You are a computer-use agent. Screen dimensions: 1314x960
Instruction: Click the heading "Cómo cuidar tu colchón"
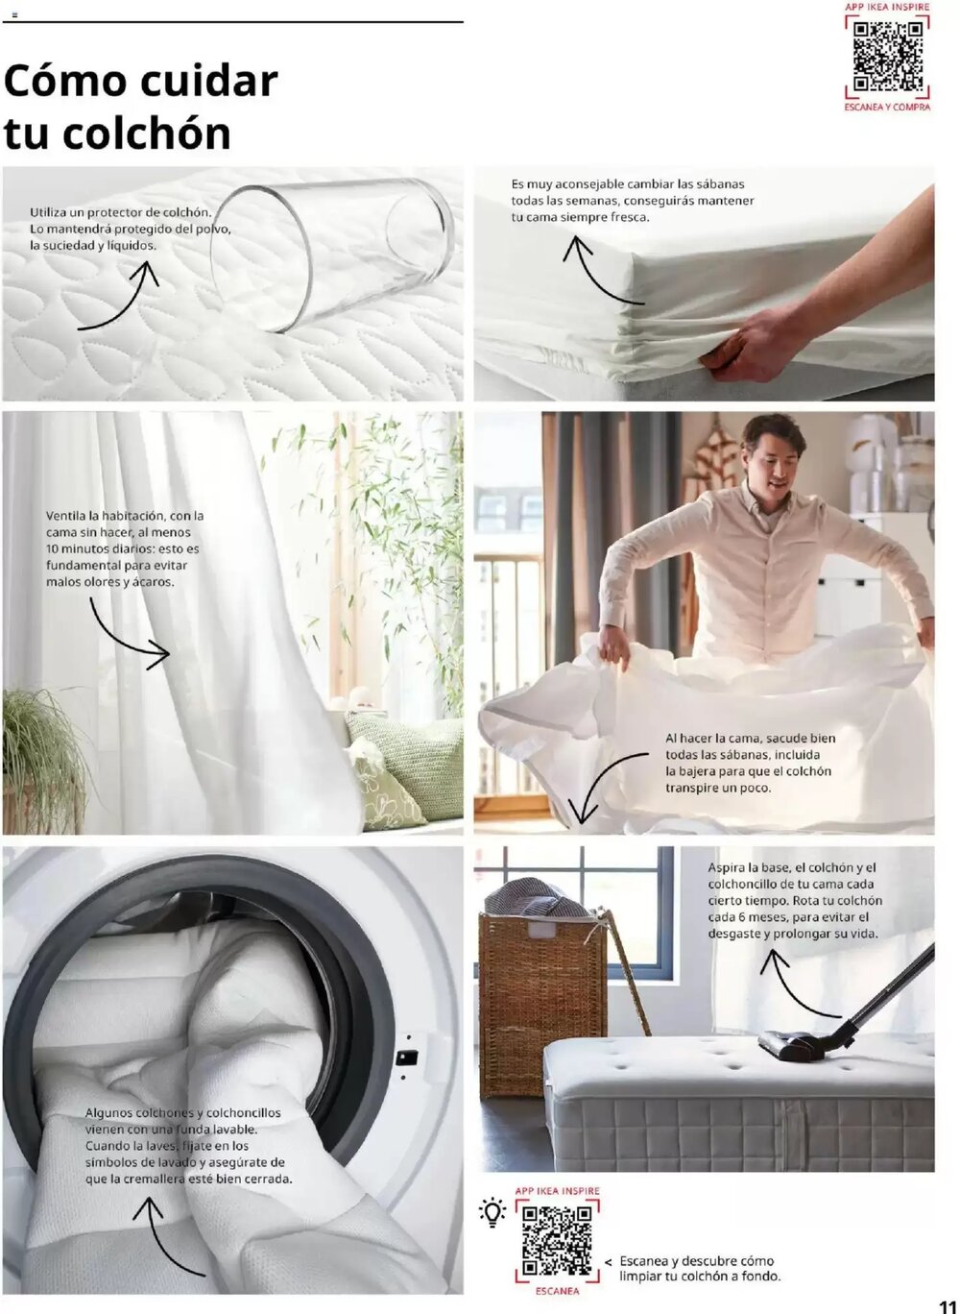pyautogui.click(x=140, y=107)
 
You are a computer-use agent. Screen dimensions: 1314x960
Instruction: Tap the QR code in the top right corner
pyautogui.click(x=887, y=56)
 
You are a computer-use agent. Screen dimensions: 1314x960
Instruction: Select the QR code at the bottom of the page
pyautogui.click(x=557, y=1240)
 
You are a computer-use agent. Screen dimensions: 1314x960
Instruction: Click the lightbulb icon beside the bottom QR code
pyautogui.click(x=492, y=1212)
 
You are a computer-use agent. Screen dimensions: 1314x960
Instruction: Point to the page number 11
pyautogui.click(x=947, y=1305)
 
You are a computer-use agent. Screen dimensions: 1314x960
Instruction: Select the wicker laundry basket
pyautogui.click(x=542, y=999)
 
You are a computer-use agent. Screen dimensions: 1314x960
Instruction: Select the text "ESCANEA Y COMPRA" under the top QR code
pyautogui.click(x=887, y=108)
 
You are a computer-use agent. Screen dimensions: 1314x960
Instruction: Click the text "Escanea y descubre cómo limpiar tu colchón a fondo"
pyautogui.click(x=699, y=1268)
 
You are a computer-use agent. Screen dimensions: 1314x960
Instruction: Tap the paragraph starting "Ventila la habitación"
pyautogui.click(x=125, y=548)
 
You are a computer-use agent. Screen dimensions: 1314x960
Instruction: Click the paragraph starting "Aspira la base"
pyautogui.click(x=795, y=900)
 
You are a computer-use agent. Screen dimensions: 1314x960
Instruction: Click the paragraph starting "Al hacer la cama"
pyautogui.click(x=750, y=763)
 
